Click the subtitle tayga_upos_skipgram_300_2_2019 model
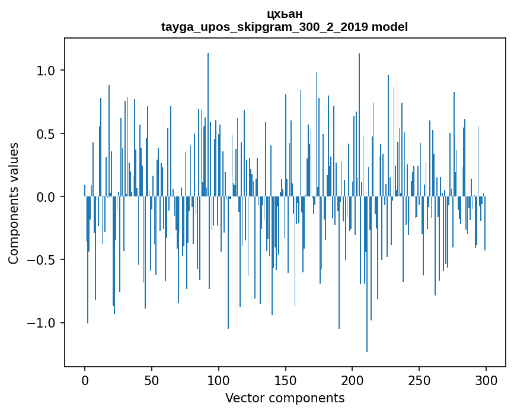point(285,27)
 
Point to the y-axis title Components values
point(14,203)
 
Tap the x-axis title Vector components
point(285,398)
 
